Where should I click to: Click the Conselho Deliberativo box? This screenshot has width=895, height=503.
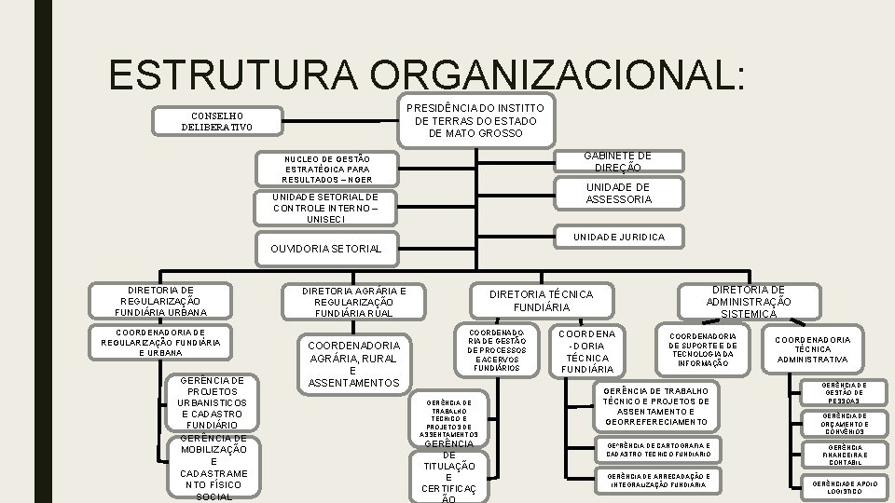(x=217, y=121)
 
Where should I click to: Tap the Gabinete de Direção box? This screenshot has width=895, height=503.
(x=617, y=162)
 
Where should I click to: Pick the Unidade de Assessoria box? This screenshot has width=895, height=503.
(x=617, y=193)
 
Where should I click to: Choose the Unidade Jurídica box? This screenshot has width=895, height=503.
(x=618, y=238)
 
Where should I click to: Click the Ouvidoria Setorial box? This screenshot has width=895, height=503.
(x=326, y=249)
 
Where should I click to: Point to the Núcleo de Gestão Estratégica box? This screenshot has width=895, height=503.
(x=326, y=169)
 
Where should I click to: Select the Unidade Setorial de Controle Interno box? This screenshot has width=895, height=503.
(x=326, y=209)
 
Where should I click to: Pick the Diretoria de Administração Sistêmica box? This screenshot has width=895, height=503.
(x=749, y=301)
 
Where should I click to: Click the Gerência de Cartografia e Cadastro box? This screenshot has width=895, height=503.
(x=657, y=450)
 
